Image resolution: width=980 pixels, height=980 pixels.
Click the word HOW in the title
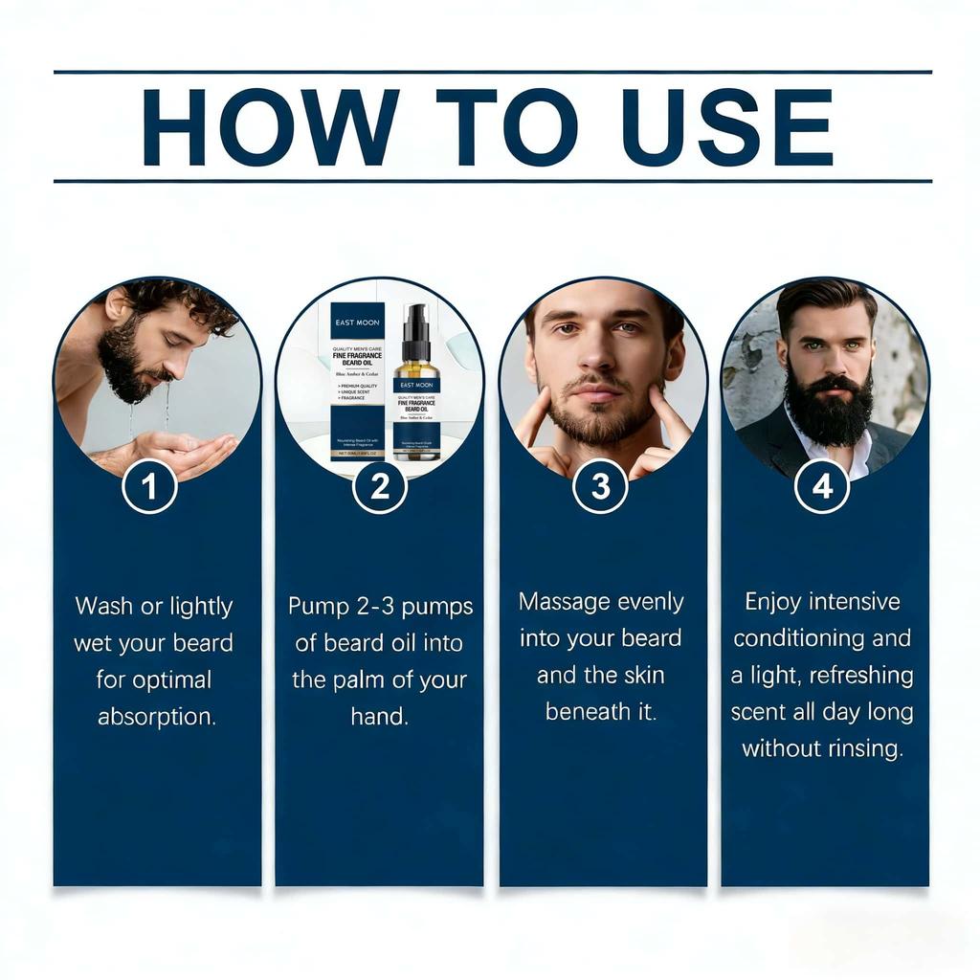pyautogui.click(x=270, y=126)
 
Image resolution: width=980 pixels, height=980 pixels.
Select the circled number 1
pyautogui.click(x=149, y=486)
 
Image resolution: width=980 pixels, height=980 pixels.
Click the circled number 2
pyautogui.click(x=379, y=486)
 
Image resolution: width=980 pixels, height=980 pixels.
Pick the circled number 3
pyautogui.click(x=600, y=486)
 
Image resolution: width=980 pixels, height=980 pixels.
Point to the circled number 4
pyautogui.click(x=822, y=486)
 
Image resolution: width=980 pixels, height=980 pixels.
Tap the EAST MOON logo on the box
pyautogui.click(x=357, y=322)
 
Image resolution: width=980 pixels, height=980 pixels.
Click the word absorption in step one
pyautogui.click(x=156, y=717)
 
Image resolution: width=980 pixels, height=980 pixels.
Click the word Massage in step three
pyautogui.click(x=564, y=602)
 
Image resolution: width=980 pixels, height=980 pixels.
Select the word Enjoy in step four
pyautogui.click(x=773, y=602)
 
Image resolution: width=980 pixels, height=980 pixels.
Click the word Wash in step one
pyautogui.click(x=103, y=607)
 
